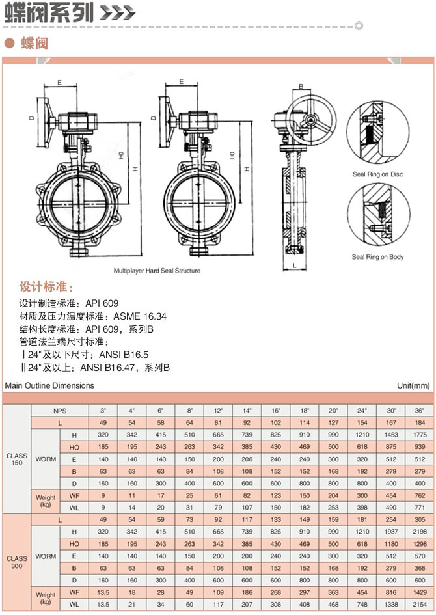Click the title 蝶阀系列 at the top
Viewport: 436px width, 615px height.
(49, 13)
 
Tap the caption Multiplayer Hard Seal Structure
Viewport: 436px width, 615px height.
(157, 270)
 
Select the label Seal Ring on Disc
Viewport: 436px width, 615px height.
(377, 174)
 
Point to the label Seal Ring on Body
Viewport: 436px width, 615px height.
(377, 257)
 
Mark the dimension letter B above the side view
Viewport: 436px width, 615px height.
(301, 87)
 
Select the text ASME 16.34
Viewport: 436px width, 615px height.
(139, 316)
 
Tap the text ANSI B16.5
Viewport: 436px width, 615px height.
(124, 355)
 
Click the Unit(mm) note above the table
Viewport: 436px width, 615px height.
(413, 385)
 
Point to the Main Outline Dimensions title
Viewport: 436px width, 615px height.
(49, 385)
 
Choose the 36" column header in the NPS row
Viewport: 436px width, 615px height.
(418, 411)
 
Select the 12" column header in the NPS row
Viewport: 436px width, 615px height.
(218, 411)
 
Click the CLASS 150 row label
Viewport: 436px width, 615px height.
(17, 459)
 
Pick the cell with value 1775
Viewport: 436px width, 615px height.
(418, 435)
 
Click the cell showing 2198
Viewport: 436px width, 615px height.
(418, 532)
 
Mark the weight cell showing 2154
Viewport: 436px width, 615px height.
(418, 605)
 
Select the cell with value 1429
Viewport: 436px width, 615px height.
(418, 593)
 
